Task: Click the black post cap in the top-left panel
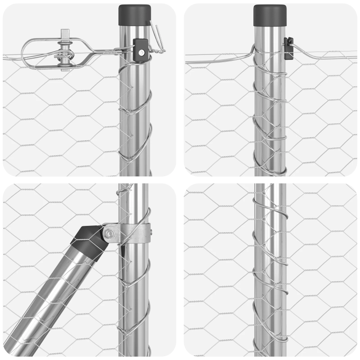pyautogui.click(x=134, y=14)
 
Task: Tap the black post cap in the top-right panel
pyautogui.click(x=270, y=14)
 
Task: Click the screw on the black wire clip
pyautogui.click(x=141, y=53)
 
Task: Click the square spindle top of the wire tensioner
pyautogui.click(x=66, y=34)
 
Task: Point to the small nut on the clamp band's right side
pyautogui.click(x=151, y=233)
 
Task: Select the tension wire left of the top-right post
pyautogui.click(x=216, y=56)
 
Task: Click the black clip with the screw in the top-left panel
pyautogui.click(x=140, y=49)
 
